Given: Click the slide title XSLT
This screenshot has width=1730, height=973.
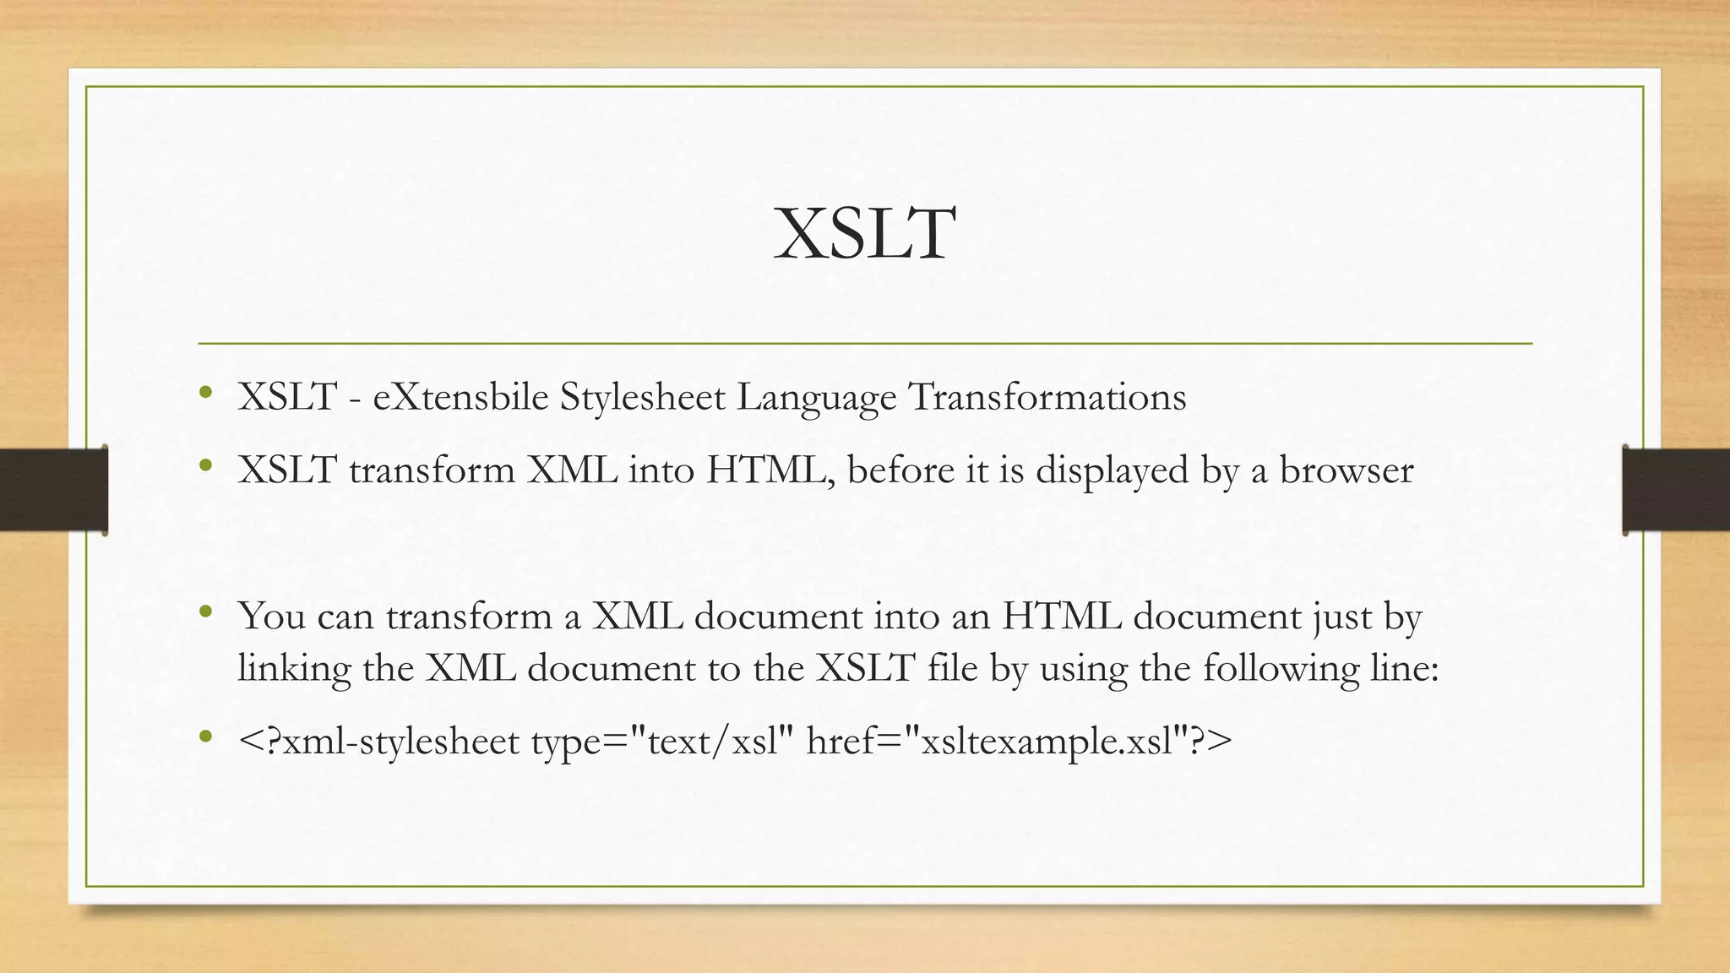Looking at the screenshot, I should point(865,234).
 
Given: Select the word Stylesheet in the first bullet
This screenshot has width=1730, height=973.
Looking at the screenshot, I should point(642,398).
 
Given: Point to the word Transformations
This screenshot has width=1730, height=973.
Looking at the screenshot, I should point(1047,397).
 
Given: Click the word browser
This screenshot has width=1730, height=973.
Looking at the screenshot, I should point(1346,470).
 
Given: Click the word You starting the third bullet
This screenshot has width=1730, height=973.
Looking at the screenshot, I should point(271,616).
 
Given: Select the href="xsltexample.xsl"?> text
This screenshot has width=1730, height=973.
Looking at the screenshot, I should point(1019,742).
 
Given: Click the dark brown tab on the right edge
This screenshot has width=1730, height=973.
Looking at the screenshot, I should point(1676,490).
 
